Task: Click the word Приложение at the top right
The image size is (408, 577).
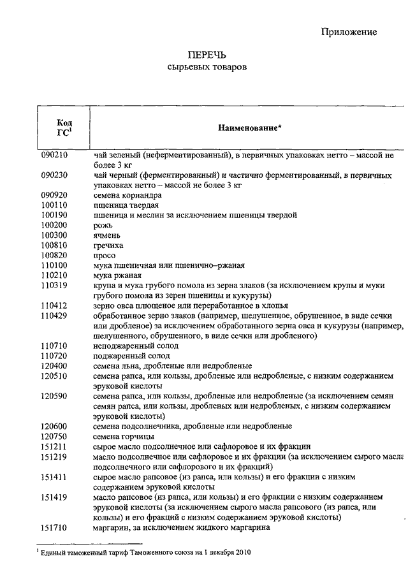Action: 349,32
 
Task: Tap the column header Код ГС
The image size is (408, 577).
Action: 64,128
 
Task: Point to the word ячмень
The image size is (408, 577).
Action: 106,235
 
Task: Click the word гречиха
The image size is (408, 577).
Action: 108,245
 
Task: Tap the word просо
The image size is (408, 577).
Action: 104,256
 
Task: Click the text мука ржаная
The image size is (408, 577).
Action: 117,275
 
